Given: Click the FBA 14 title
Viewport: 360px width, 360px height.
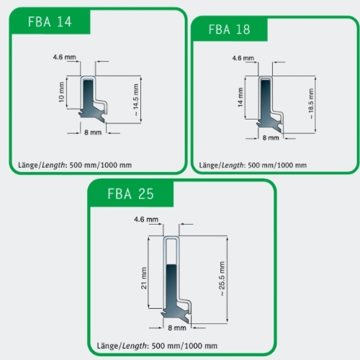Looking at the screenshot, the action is pyautogui.click(x=50, y=22).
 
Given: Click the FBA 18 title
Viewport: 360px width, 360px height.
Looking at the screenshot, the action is pyautogui.click(x=229, y=30).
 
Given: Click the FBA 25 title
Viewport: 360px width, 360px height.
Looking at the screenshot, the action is pyautogui.click(x=130, y=194).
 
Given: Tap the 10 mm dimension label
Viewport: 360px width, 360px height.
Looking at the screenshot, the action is pyautogui.click(x=61, y=92).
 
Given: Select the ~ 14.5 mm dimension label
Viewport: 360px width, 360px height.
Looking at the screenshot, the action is pyautogui.click(x=136, y=100).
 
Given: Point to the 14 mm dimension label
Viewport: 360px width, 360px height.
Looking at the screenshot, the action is pyautogui.click(x=240, y=97).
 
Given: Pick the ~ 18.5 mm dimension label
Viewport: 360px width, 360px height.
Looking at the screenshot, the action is pyautogui.click(x=311, y=104).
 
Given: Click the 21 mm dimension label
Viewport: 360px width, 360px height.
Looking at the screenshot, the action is pyautogui.click(x=144, y=278).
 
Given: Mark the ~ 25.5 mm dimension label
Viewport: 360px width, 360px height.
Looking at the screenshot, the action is pyautogui.click(x=222, y=279).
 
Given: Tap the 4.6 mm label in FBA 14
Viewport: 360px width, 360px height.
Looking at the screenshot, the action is pyautogui.click(x=64, y=57).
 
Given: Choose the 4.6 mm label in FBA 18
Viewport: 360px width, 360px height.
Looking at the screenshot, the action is pyautogui.click(x=243, y=58).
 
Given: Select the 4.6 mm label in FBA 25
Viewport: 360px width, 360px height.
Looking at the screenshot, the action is pyautogui.click(x=146, y=220).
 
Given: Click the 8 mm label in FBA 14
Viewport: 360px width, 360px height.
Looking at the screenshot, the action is pyautogui.click(x=93, y=132).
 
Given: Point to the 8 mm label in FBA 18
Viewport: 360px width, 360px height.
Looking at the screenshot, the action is pyautogui.click(x=271, y=138).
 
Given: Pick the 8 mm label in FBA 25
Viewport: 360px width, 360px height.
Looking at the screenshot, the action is pyautogui.click(x=177, y=328).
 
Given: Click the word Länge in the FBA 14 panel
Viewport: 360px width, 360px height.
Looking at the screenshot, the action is pyautogui.click(x=28, y=165).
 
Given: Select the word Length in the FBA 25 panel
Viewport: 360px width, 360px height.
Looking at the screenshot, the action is pyautogui.click(x=134, y=346).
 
